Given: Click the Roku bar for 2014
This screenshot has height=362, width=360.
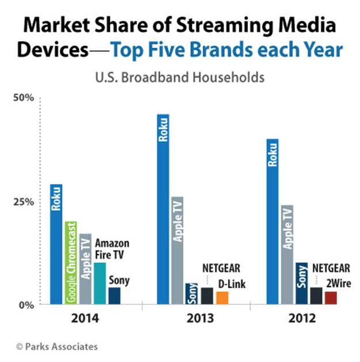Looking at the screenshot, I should [55, 244].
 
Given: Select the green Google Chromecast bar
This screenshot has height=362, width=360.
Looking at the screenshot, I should [70, 263].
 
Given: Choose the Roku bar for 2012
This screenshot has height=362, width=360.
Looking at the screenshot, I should [272, 221].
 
